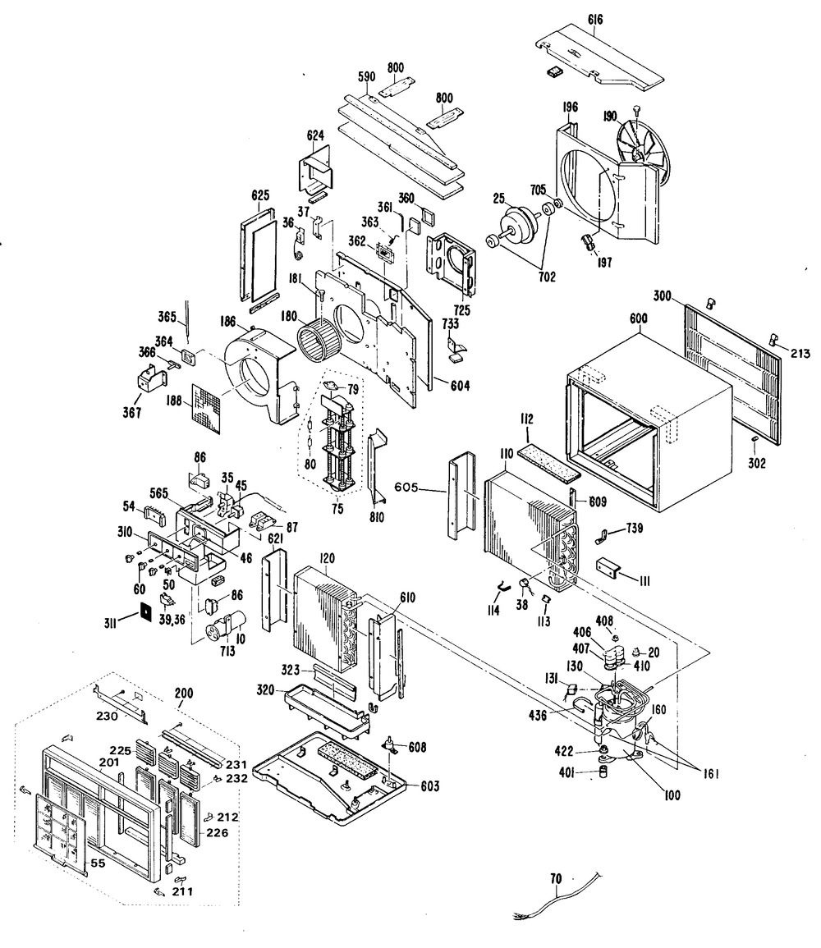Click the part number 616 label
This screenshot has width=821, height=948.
[x=595, y=20]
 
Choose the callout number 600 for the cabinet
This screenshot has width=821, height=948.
[x=638, y=318]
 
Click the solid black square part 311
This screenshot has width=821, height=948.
[x=145, y=611]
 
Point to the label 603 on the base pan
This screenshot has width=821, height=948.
[x=430, y=786]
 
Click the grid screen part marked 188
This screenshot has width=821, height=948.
[x=207, y=409]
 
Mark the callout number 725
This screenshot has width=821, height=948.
[x=463, y=311]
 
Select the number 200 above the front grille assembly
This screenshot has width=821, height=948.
[x=183, y=693]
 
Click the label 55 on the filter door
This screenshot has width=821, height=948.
[x=98, y=863]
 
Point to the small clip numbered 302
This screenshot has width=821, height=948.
[x=754, y=437]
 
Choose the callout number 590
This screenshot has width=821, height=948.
[x=366, y=76]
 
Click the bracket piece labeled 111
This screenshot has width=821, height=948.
[x=610, y=568]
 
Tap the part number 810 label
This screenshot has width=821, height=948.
[x=377, y=518]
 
